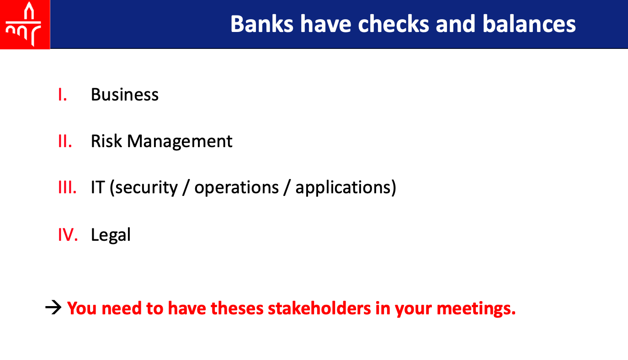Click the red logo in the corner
click(x=25, y=25)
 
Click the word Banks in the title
click(x=262, y=24)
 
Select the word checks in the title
click(x=394, y=24)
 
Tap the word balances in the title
click(x=529, y=24)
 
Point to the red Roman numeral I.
click(x=63, y=95)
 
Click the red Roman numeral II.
click(x=65, y=141)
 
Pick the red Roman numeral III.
click(x=67, y=187)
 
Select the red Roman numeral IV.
click(x=68, y=234)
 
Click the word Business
click(x=125, y=95)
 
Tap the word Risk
click(x=106, y=141)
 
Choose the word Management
click(x=180, y=142)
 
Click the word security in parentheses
click(x=146, y=188)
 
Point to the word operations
click(x=237, y=188)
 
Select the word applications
click(x=343, y=188)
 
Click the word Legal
click(x=111, y=235)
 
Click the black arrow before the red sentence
click(x=53, y=307)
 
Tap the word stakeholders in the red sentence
click(x=319, y=308)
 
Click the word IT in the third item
click(x=98, y=187)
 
